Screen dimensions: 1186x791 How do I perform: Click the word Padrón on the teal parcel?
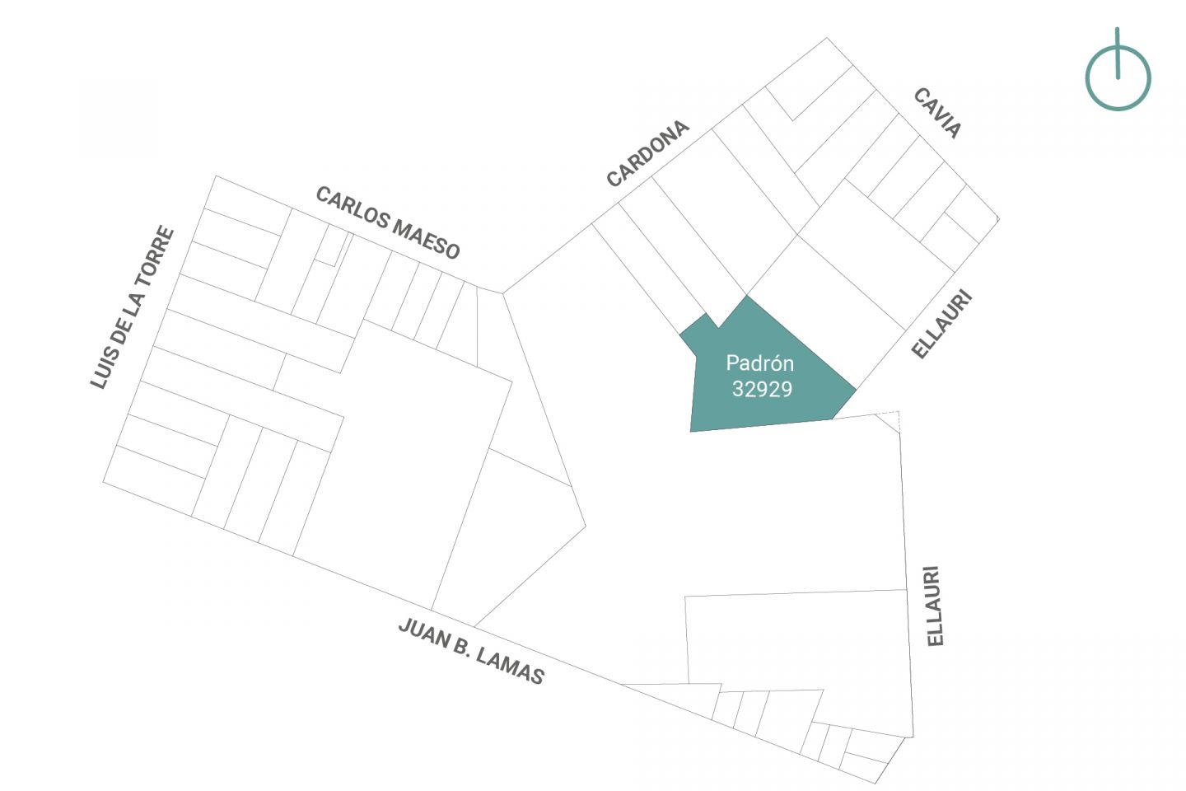pos(759,363)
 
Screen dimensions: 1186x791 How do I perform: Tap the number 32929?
pos(762,390)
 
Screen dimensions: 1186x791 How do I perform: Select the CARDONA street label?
pos(647,153)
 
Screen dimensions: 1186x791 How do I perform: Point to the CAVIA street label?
pos(937,113)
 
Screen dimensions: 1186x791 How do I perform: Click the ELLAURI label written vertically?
pos(935,606)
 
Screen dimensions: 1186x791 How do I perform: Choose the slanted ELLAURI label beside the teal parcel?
pos(942,324)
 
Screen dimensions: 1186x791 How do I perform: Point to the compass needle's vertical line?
pos(1117,53)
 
